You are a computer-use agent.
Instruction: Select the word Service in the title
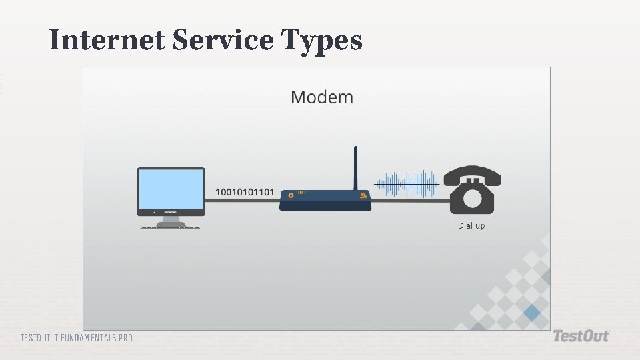[223, 41]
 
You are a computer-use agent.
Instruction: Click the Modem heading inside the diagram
[322, 97]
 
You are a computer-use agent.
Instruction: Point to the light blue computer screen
[171, 189]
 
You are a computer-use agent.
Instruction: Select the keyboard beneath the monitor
[171, 228]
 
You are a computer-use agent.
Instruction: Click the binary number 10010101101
[245, 192]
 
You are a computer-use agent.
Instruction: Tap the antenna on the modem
[356, 167]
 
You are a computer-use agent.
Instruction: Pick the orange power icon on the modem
[290, 195]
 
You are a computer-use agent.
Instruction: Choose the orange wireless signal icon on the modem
[363, 195]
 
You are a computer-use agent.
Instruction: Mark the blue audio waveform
[407, 183]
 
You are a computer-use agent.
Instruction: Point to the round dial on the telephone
[472, 198]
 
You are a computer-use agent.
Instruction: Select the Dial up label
[471, 226]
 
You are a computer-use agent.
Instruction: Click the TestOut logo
[581, 337]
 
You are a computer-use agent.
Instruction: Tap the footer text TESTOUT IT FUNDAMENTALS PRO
[77, 338]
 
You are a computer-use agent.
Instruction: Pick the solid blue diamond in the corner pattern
[531, 312]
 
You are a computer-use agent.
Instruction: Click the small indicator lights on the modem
[301, 193]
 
